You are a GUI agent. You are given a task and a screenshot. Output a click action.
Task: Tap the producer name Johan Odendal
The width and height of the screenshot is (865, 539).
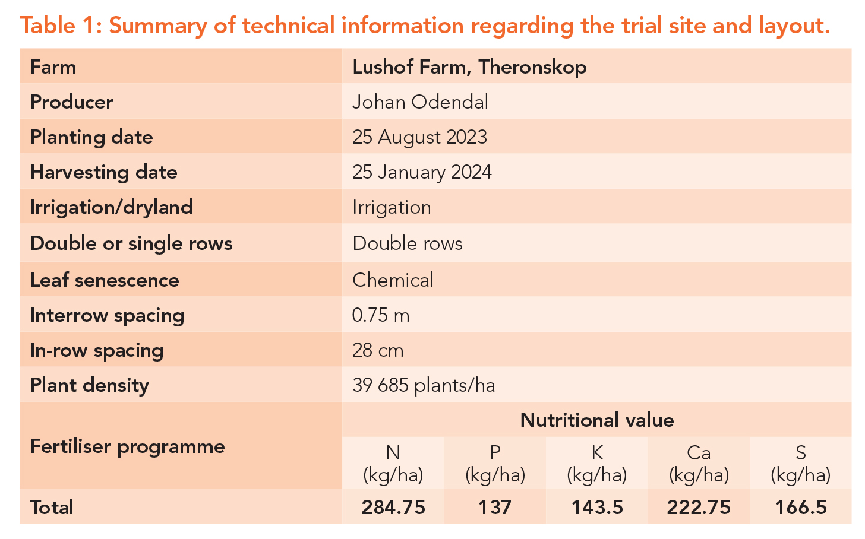click(420, 102)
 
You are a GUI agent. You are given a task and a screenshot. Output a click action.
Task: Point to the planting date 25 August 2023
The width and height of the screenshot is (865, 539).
click(419, 137)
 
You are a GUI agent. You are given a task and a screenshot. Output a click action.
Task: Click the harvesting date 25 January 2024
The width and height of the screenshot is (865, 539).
click(422, 172)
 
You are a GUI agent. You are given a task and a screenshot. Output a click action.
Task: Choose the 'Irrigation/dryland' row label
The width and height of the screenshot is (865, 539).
click(111, 207)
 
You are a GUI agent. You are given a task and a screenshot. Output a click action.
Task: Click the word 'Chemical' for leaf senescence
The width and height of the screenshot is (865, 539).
click(393, 280)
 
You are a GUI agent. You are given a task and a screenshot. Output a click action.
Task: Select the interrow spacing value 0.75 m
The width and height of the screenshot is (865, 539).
click(381, 315)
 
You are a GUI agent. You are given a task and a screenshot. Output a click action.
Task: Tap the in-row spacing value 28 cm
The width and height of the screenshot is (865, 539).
click(378, 350)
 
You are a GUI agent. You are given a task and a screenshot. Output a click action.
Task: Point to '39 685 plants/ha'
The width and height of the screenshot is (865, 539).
click(424, 385)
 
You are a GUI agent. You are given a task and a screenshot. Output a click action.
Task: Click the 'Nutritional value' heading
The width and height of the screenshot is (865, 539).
click(597, 420)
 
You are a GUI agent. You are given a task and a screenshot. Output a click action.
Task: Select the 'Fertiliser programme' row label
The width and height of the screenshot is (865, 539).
click(127, 447)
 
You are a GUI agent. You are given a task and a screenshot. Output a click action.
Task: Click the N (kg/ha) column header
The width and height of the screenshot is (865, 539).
click(393, 464)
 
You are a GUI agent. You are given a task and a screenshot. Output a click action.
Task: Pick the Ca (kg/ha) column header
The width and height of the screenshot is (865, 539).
click(699, 464)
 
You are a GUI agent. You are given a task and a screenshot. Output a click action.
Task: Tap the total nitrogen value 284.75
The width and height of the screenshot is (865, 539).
click(393, 507)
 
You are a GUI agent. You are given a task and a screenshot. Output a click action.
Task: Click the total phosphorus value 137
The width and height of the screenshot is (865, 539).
click(495, 507)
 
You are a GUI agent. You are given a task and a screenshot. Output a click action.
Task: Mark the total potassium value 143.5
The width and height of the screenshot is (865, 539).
click(597, 507)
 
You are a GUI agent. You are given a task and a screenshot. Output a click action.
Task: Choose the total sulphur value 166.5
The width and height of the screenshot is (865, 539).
click(801, 507)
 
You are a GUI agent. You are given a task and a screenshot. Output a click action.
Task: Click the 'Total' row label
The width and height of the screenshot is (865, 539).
click(52, 507)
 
